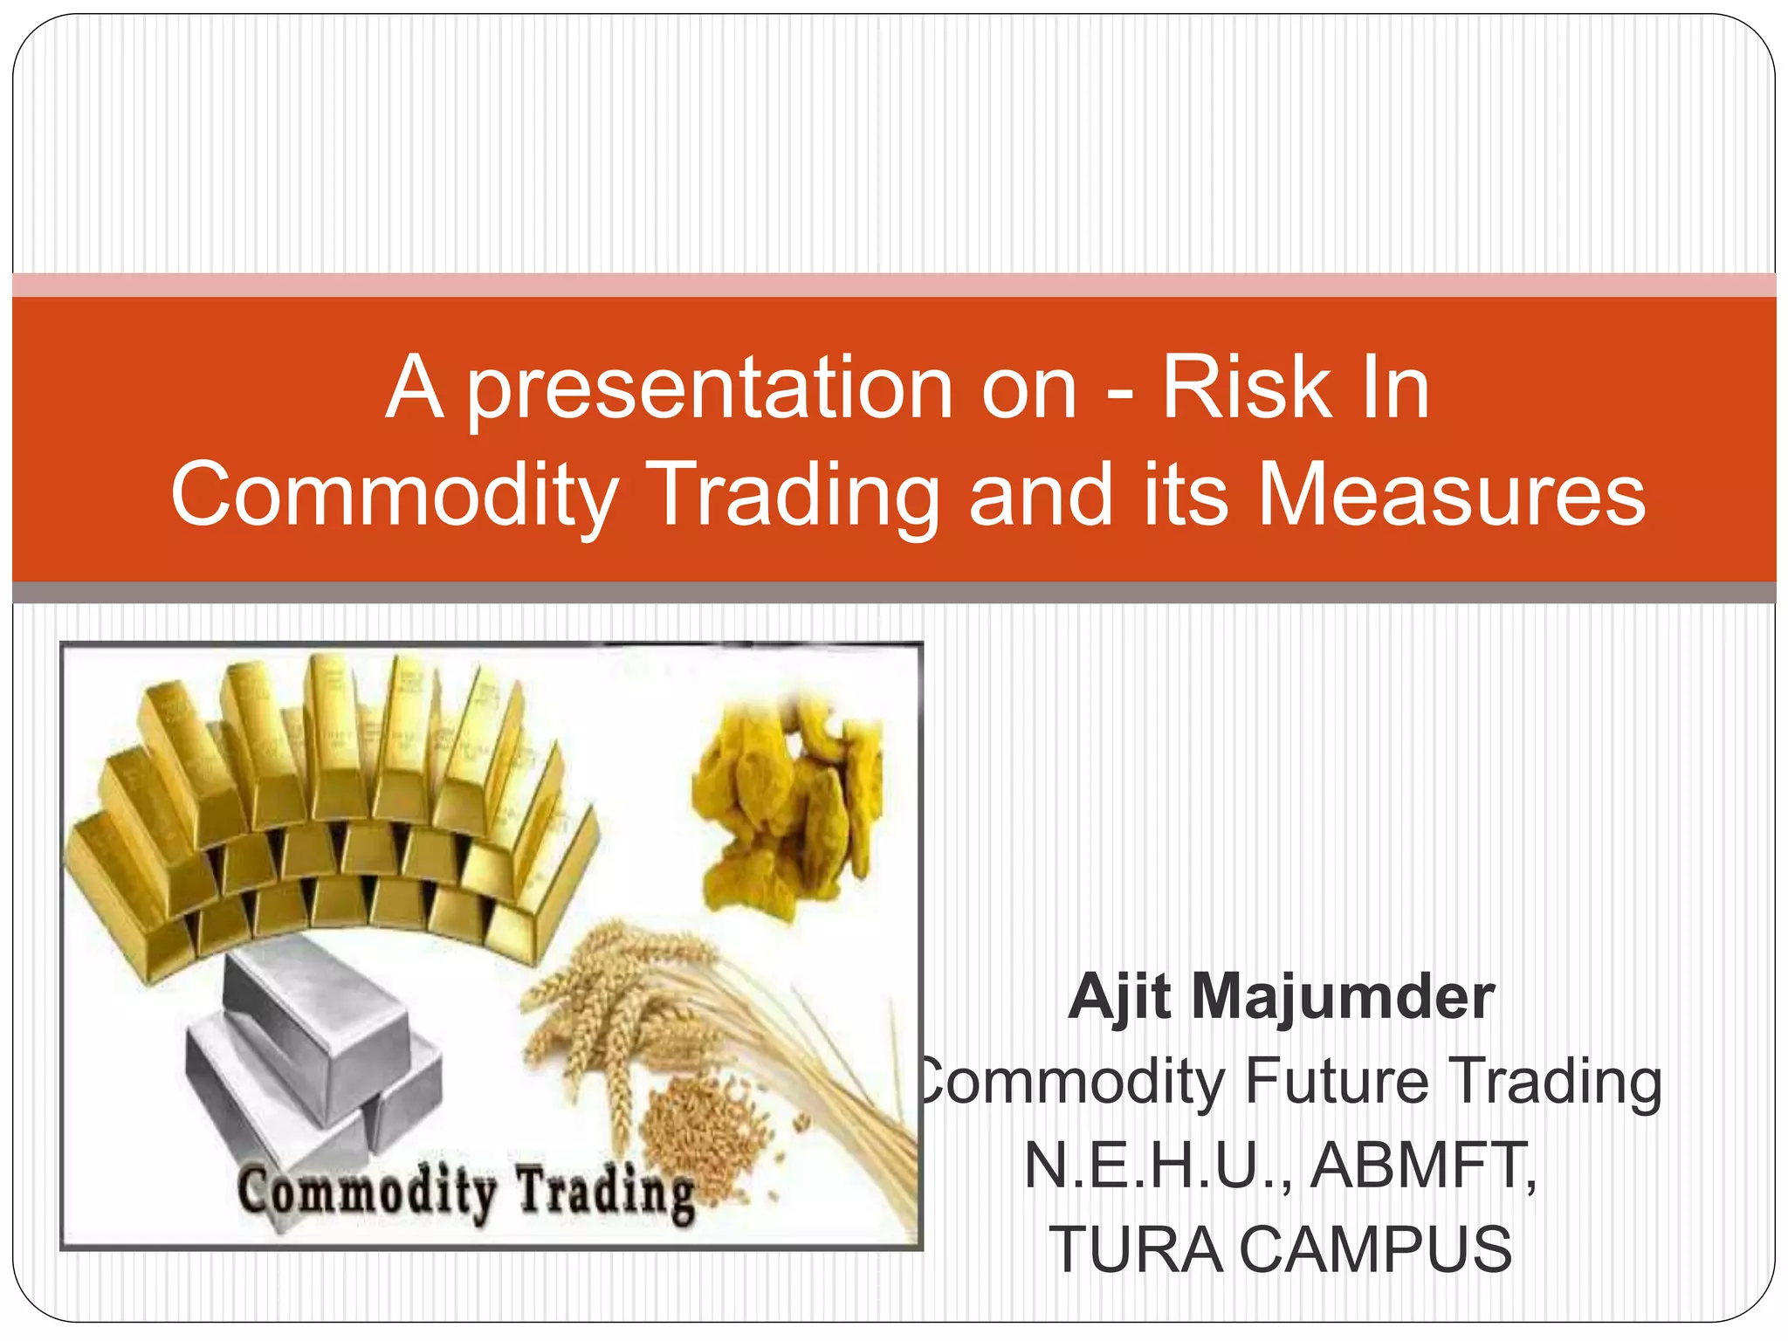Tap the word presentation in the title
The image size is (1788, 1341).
[710, 390]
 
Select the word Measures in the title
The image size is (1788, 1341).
[1450, 495]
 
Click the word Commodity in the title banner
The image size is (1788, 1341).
[395, 495]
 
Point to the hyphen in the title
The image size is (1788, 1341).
[1120, 395]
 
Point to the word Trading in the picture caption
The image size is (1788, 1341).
[608, 1193]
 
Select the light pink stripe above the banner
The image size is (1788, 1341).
[894, 285]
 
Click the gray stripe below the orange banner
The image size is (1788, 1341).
[894, 593]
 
